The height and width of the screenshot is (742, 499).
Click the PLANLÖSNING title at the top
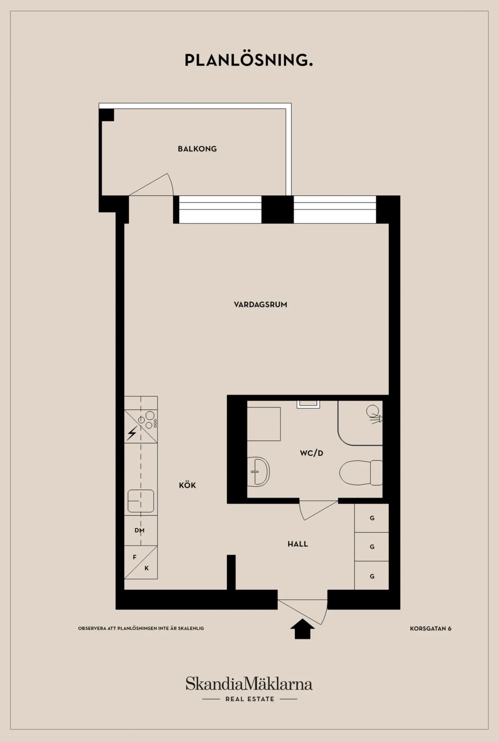pyautogui.click(x=249, y=60)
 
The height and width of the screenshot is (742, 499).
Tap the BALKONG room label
pyautogui.click(x=197, y=149)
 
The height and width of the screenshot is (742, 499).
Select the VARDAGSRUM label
pyautogui.click(x=261, y=305)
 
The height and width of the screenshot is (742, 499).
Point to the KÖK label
pyautogui.click(x=187, y=485)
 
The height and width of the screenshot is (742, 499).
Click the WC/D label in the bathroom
pyautogui.click(x=312, y=453)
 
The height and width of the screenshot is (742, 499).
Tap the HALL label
pyautogui.click(x=298, y=544)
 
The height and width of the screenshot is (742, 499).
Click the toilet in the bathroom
pyautogui.click(x=361, y=472)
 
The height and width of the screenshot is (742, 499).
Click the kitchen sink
pyautogui.click(x=141, y=501)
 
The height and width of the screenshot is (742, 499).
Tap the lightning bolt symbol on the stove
pyautogui.click(x=132, y=433)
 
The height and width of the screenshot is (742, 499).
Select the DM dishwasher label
pyautogui.click(x=140, y=530)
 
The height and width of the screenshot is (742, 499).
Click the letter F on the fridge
pyautogui.click(x=135, y=557)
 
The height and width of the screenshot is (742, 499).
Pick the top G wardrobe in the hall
pyautogui.click(x=371, y=518)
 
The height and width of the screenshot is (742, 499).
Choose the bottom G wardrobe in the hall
pyautogui.click(x=371, y=576)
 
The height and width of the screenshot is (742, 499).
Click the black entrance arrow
pyautogui.click(x=303, y=629)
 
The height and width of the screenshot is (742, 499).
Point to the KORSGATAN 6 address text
pyautogui.click(x=431, y=629)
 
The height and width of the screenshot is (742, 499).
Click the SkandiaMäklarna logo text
pyautogui.click(x=249, y=684)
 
